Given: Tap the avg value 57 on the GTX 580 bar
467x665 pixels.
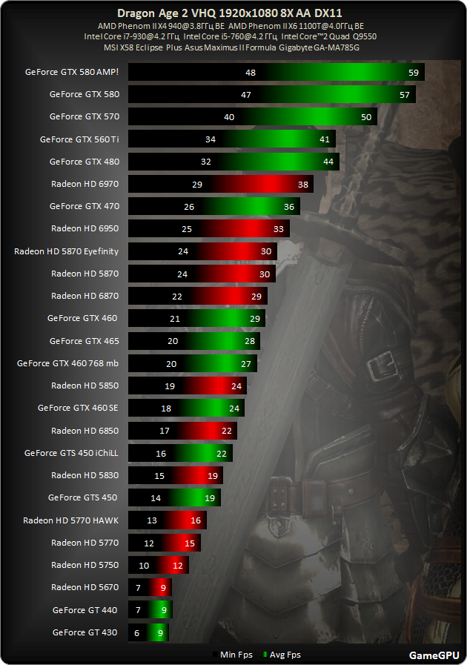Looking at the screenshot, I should [405, 95].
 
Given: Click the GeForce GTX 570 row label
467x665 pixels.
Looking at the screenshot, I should [85, 116].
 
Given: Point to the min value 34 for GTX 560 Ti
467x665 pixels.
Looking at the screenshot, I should [211, 139].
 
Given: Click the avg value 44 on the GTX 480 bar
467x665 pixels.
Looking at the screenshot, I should [328, 162].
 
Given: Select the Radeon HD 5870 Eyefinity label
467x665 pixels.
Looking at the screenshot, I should [67, 251].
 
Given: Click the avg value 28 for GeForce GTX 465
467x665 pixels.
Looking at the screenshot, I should [249, 341].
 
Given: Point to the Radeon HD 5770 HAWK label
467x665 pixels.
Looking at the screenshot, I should [71, 520].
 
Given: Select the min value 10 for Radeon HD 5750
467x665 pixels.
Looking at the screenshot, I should [144, 565].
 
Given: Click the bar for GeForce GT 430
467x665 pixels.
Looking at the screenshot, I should [149, 632].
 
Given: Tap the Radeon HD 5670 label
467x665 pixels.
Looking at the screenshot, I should [85, 587].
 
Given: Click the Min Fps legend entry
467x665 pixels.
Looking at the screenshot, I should [233, 655].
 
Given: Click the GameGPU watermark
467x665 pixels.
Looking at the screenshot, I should [433, 655].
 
